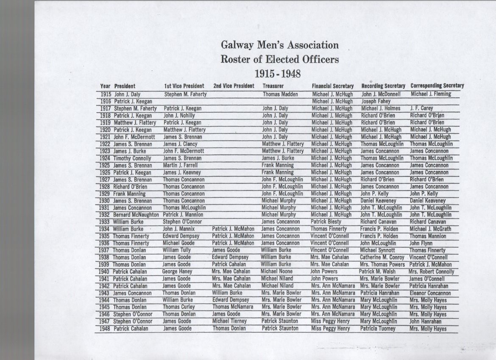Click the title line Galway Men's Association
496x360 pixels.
pyautogui.click(x=279, y=45)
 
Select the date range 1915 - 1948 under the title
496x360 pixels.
pyautogui.click(x=277, y=74)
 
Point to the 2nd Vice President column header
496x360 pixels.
pyautogui.click(x=234, y=86)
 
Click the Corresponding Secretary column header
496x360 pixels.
pyautogui.click(x=437, y=86)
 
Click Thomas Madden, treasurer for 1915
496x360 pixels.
pyautogui.click(x=280, y=94)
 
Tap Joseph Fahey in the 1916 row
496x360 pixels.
pyautogui.click(x=376, y=101)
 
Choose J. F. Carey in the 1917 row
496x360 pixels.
pyautogui.click(x=421, y=108)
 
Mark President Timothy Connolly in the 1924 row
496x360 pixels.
pyautogui.click(x=132, y=158)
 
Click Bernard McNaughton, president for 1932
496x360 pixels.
pyautogui.click(x=136, y=215)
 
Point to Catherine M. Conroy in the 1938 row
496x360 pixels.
pyautogui.click(x=382, y=257)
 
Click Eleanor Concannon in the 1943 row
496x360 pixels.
pyautogui.click(x=430, y=293)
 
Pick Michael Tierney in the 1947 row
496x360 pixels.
pyautogui.click(x=230, y=321)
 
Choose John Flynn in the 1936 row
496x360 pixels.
pyautogui.click(x=421, y=243)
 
